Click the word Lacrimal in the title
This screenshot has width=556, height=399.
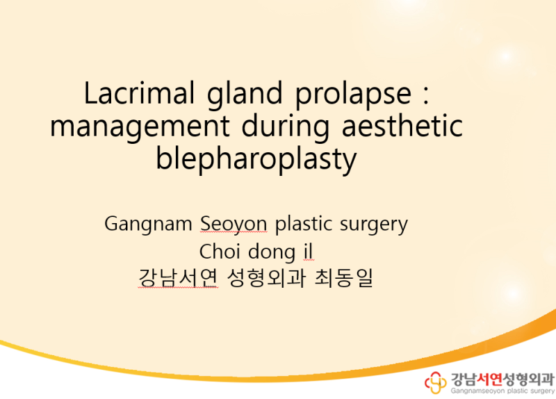139,93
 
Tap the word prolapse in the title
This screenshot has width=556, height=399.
354,95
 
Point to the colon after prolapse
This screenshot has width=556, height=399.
426,96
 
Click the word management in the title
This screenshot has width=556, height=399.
140,129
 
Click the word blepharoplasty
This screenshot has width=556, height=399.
256,160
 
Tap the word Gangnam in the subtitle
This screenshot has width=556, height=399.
148,225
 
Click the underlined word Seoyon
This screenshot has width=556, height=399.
234,225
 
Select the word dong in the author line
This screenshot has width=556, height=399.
271,252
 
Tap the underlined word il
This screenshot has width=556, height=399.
308,251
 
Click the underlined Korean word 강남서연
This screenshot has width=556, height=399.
178,278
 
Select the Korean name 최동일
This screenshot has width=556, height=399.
343,278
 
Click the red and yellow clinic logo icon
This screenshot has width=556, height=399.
436,383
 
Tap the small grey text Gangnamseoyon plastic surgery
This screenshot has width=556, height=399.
502,391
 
